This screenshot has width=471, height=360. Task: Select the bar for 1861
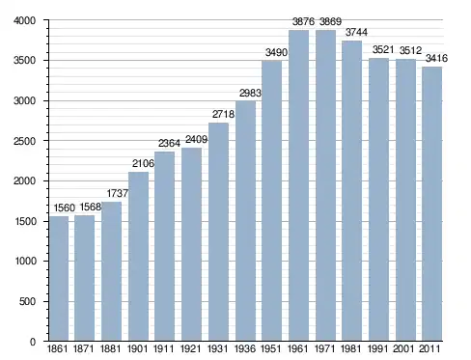pyautogui.click(x=59, y=278)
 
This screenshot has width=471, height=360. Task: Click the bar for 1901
pyautogui.click(x=138, y=257)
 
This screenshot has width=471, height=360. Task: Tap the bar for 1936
pyautogui.click(x=245, y=221)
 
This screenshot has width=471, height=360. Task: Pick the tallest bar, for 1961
pyautogui.click(x=298, y=185)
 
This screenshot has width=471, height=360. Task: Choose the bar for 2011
pyautogui.click(x=432, y=204)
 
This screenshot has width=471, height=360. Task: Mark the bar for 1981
pyautogui.click(x=351, y=191)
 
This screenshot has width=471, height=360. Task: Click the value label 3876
pyautogui.click(x=303, y=21)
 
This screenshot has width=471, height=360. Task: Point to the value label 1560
pyautogui.click(x=65, y=208)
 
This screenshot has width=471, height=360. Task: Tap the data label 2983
pyautogui.click(x=250, y=93)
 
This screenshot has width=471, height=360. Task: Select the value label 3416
pyautogui.click(x=436, y=58)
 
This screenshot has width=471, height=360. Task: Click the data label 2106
pyautogui.click(x=143, y=163)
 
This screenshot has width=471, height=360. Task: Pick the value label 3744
pyautogui.click(x=356, y=32)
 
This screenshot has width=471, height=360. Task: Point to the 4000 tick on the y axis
pyautogui.click(x=24, y=20)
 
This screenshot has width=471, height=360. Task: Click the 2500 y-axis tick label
pyautogui.click(x=24, y=141)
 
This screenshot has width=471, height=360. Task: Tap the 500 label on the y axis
pyautogui.click(x=27, y=301)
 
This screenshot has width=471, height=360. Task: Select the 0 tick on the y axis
pyautogui.click(x=33, y=342)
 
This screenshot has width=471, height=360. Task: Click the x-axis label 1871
pyautogui.click(x=83, y=348)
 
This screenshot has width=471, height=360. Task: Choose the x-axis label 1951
pyautogui.click(x=271, y=348)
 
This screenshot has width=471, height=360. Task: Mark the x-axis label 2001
pyautogui.click(x=403, y=348)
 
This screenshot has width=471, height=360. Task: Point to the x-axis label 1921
pyautogui.click(x=190, y=348)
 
